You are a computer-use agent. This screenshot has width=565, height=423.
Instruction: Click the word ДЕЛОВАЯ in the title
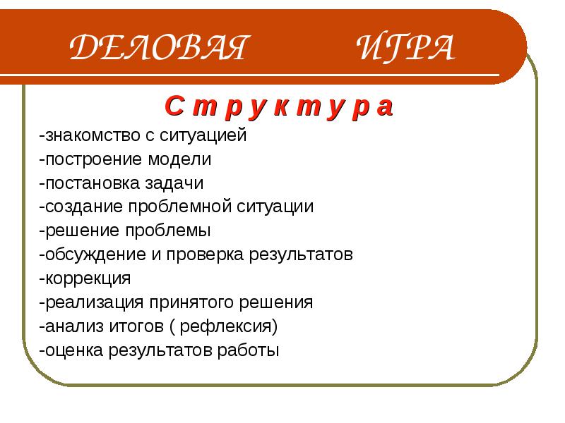coord(160,47)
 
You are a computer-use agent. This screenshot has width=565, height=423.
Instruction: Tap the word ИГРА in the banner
coord(405,47)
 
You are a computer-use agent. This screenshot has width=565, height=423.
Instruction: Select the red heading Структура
coord(279,107)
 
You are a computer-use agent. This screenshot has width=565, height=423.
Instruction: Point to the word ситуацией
coord(203,136)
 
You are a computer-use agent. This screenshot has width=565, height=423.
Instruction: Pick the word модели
coord(179,160)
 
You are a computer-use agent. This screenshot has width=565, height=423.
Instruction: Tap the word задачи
coord(174,183)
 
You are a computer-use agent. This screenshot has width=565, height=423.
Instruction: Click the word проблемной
coord(180,207)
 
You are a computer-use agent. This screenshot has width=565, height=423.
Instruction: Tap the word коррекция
coord(88,278)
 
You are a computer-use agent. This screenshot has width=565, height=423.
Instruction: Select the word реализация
coord(95,302)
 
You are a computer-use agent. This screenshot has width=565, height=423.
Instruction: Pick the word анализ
coord(74,326)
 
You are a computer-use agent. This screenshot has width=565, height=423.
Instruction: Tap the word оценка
coord(74,350)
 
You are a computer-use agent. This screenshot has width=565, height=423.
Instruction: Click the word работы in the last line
coord(249,350)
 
